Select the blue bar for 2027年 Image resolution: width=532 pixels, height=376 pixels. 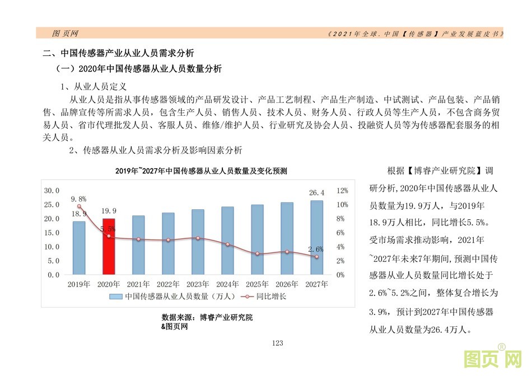tap(317, 238)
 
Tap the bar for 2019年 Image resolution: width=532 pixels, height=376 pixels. tap(79, 248)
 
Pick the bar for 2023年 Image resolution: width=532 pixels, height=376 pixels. tap(198, 242)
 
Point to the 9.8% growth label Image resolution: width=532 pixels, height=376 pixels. tap(78, 199)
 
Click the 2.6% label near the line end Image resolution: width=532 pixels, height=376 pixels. tap(316, 248)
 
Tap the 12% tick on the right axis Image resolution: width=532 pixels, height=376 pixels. tap(342, 190)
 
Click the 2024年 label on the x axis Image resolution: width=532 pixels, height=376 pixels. tap(227, 284)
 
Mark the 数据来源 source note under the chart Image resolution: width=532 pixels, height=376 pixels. tap(207, 318)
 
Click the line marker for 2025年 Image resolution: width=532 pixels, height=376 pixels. tap(257, 253)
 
